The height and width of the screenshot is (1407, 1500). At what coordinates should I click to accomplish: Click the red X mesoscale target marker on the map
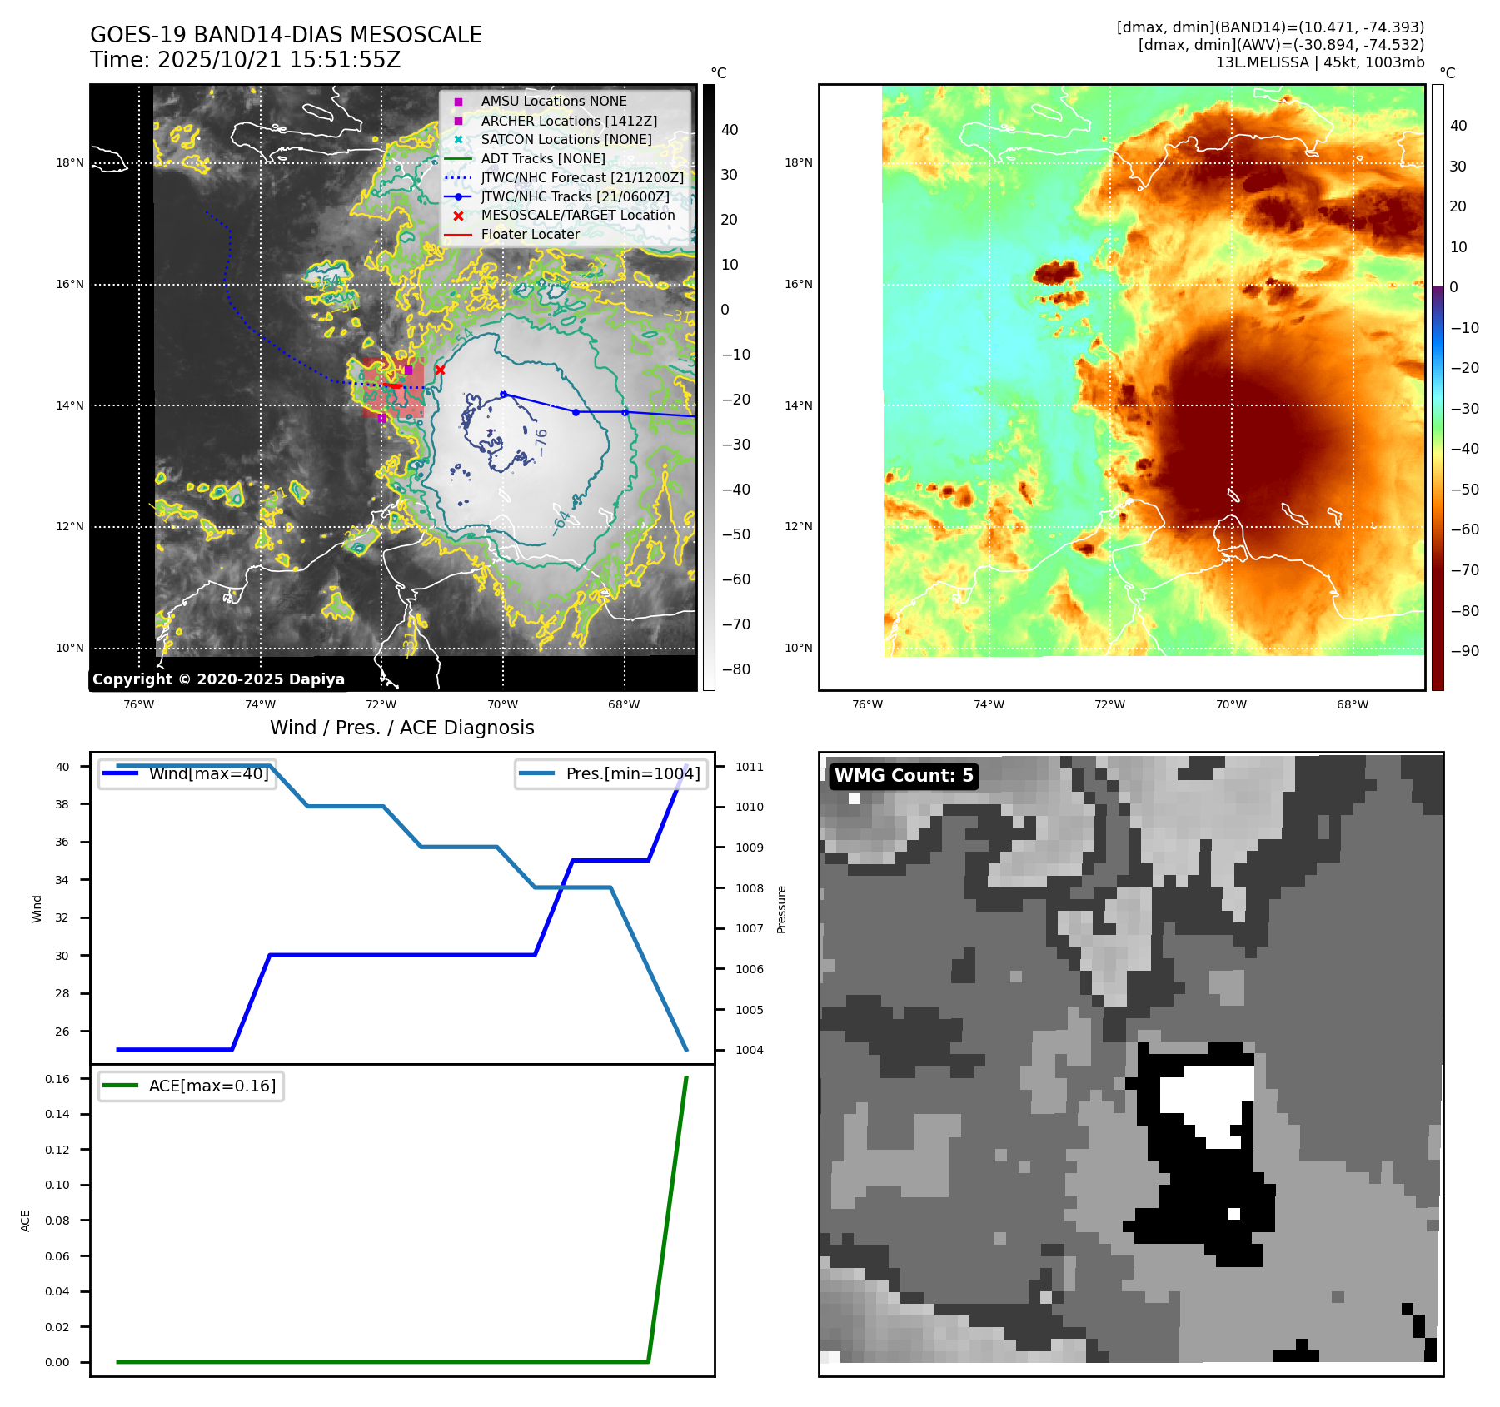tap(440, 370)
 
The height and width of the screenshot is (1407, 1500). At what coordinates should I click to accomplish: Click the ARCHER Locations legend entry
tap(569, 121)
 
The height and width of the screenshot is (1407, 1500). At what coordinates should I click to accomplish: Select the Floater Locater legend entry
tap(530, 234)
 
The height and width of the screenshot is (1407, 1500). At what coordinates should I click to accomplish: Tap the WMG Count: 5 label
tap(904, 776)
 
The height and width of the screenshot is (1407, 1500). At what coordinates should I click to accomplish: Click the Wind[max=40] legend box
tap(187, 773)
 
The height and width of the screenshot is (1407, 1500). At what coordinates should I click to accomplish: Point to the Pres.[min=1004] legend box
tap(611, 773)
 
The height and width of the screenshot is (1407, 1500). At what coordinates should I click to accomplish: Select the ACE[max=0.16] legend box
tap(191, 1086)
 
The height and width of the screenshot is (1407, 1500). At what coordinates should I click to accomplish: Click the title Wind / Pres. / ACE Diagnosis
tap(401, 728)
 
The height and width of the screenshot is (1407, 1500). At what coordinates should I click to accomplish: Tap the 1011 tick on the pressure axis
tap(749, 767)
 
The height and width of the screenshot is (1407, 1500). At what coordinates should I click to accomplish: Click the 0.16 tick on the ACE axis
tap(57, 1079)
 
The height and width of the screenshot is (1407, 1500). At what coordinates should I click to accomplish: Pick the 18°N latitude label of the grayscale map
tap(70, 162)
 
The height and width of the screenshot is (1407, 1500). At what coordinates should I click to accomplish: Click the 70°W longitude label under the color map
tap(1231, 704)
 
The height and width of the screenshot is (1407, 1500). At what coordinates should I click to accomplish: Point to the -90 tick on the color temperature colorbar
tap(1464, 651)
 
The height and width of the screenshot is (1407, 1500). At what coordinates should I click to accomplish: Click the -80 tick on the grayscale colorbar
tap(735, 669)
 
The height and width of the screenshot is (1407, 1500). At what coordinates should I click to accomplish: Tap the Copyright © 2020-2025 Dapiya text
tap(218, 679)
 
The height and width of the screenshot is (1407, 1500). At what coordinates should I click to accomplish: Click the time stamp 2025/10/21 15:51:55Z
tap(279, 60)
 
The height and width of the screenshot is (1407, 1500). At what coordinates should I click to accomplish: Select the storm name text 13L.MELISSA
tap(1262, 62)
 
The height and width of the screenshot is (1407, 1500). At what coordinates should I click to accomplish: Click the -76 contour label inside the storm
tap(541, 442)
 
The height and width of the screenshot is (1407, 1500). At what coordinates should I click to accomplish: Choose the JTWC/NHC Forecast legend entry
tap(582, 177)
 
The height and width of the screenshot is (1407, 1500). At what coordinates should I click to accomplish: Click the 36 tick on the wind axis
tap(62, 842)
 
